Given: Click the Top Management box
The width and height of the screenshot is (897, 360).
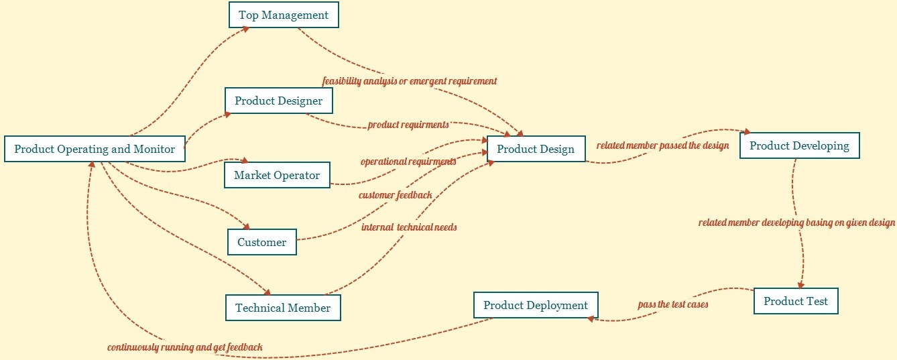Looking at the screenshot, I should click(x=284, y=15).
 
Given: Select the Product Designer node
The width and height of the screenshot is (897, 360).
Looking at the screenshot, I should click(x=278, y=101).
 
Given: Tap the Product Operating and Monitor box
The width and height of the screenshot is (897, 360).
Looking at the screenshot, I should click(x=95, y=149).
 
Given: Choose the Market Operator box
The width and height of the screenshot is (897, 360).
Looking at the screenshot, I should click(x=277, y=176).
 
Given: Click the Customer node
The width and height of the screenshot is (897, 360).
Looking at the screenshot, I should click(x=261, y=243).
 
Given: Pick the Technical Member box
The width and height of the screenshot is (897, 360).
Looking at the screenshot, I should click(x=283, y=308).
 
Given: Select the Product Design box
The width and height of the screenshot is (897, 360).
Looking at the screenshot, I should click(x=536, y=149).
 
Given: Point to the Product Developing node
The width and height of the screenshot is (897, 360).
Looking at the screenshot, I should click(x=799, y=145).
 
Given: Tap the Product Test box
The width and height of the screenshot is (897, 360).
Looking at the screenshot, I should click(x=796, y=301).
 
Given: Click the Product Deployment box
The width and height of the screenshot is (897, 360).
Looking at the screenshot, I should click(x=536, y=305).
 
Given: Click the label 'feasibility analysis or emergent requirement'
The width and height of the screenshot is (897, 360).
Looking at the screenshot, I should click(x=410, y=81).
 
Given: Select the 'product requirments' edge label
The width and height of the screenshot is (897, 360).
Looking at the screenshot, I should click(x=408, y=125).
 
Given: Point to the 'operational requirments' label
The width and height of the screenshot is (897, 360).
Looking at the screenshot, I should click(x=408, y=162).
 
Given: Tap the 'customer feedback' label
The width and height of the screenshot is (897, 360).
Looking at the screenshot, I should click(x=396, y=195).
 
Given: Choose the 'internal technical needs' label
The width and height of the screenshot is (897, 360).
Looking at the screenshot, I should click(x=409, y=227).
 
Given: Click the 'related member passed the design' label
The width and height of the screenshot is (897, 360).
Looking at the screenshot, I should click(x=662, y=145).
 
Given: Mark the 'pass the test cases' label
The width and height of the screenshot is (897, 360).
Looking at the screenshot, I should click(x=673, y=304).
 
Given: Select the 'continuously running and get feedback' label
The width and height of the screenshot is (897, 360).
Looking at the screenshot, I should click(x=185, y=347).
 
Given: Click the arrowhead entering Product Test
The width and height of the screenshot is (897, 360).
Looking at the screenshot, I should click(x=800, y=286).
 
